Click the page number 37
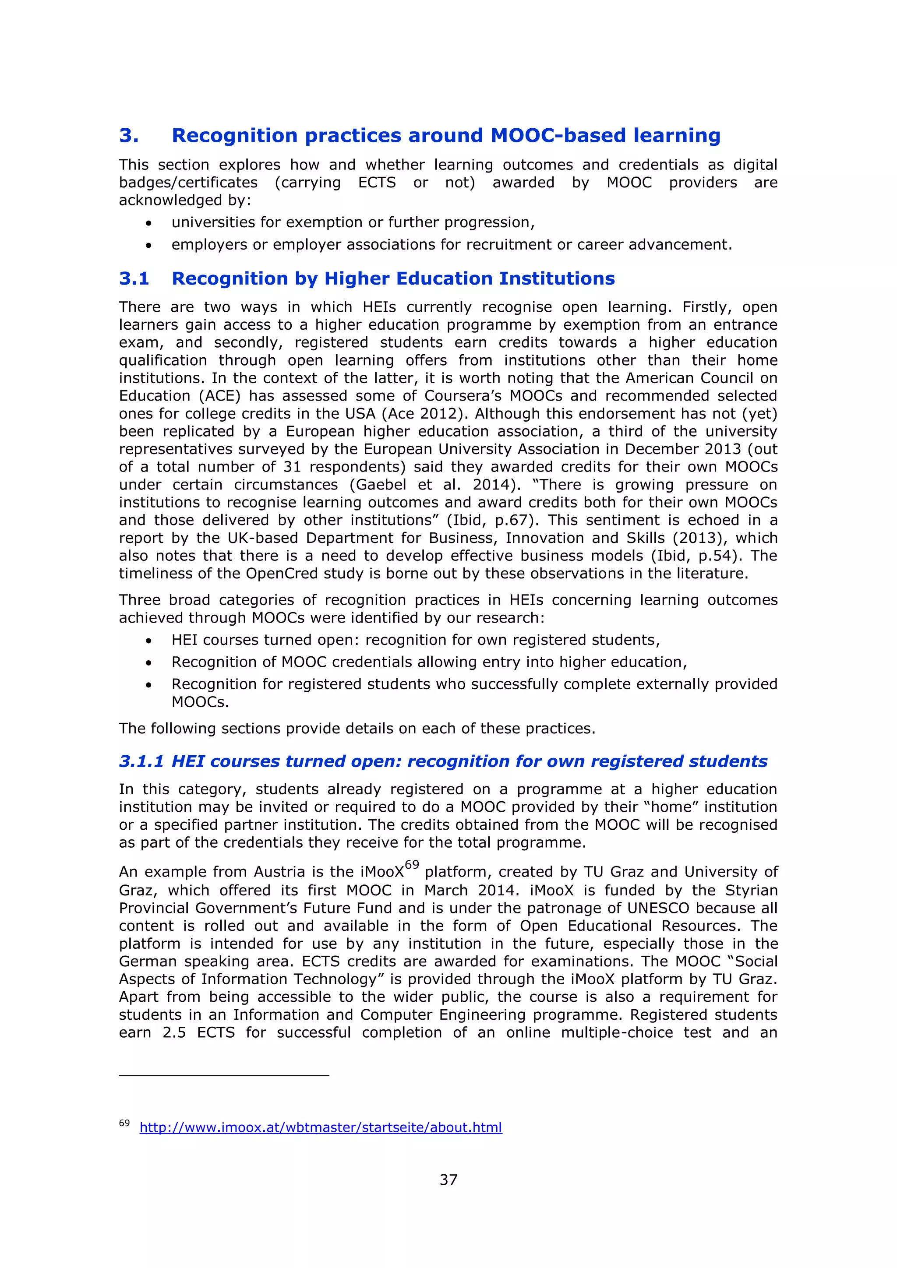(448, 1180)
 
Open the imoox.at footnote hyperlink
(320, 1127)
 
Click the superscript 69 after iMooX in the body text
(412, 865)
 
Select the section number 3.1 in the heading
(134, 278)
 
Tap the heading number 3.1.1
(141, 761)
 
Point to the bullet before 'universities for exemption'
(148, 223)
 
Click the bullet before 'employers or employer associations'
(148, 245)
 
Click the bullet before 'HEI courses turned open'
(148, 641)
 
